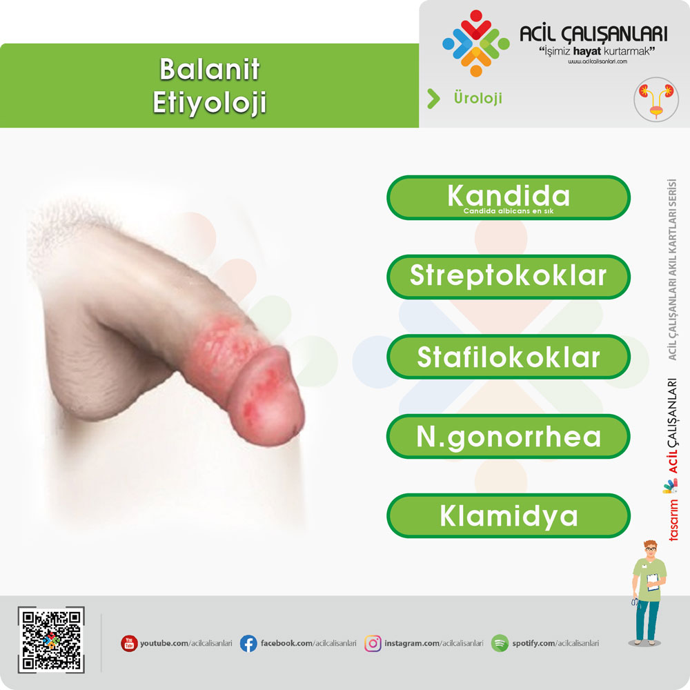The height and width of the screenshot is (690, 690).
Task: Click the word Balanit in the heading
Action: coord(210,70)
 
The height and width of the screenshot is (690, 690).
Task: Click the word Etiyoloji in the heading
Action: coord(210,103)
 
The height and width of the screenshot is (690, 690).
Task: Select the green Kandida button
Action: coord(509,197)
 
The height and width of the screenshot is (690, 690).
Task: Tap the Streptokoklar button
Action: coord(509,277)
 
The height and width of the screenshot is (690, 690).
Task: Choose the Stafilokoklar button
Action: coord(509,357)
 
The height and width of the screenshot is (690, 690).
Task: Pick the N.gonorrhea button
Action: coord(509,436)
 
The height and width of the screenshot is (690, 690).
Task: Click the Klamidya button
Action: coord(509,515)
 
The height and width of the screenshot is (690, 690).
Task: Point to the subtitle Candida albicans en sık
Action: coord(509,211)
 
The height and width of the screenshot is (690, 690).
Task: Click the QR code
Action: coord(51,640)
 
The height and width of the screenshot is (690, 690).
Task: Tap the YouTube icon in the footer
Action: coord(130,643)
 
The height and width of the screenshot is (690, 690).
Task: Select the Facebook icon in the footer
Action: coord(248,643)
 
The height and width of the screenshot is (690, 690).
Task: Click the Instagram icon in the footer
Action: coord(373,643)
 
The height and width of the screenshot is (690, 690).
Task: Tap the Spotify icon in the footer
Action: coord(500,643)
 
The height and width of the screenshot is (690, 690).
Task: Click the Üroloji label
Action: coord(478,98)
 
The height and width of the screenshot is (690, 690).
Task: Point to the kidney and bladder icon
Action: coord(656,99)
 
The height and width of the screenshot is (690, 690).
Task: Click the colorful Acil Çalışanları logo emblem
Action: coord(475,43)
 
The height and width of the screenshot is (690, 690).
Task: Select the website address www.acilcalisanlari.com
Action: coord(597,61)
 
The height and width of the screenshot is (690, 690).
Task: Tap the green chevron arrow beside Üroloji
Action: coord(433,99)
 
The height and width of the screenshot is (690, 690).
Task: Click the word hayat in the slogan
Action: coord(587,51)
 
